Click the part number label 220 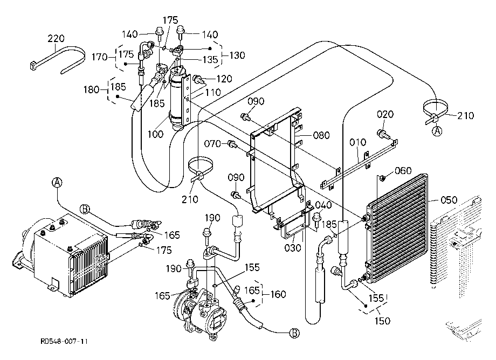(56, 38)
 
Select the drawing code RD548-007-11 (64, 341)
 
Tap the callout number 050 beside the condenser (449, 200)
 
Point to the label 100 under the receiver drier (155, 134)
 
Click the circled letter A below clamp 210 (437, 131)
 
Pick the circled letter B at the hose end (295, 333)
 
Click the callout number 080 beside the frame (321, 135)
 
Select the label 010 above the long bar (358, 142)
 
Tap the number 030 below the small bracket (293, 247)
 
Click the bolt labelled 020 (382, 133)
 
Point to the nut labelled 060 (382, 178)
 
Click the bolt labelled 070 (232, 144)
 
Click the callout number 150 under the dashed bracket (382, 321)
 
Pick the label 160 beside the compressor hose (278, 294)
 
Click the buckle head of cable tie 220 (33, 66)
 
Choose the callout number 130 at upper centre (237, 56)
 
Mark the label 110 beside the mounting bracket (213, 92)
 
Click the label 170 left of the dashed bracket (100, 57)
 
